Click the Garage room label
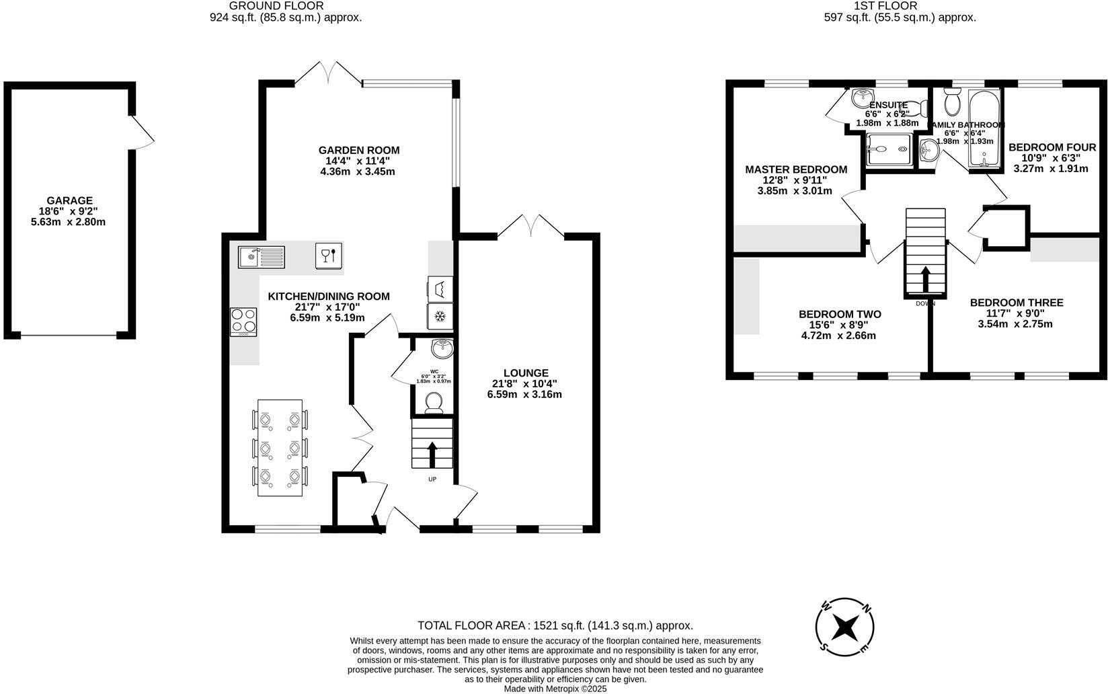tap(69, 200)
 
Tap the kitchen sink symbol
tap(262, 256)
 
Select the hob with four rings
tap(243, 321)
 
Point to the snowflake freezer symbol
tap(440, 316)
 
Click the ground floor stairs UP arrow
tap(432, 454)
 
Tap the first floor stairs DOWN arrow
tap(925, 279)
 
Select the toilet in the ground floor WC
tap(433, 401)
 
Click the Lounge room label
tap(526, 373)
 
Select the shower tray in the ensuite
tap(888, 149)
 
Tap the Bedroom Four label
tap(1052, 147)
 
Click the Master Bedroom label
tap(795, 169)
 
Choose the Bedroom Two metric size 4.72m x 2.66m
tap(840, 336)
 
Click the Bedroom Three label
tap(1016, 303)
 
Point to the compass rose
tap(844, 628)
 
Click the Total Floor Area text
tap(555, 625)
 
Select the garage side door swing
tap(143, 133)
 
